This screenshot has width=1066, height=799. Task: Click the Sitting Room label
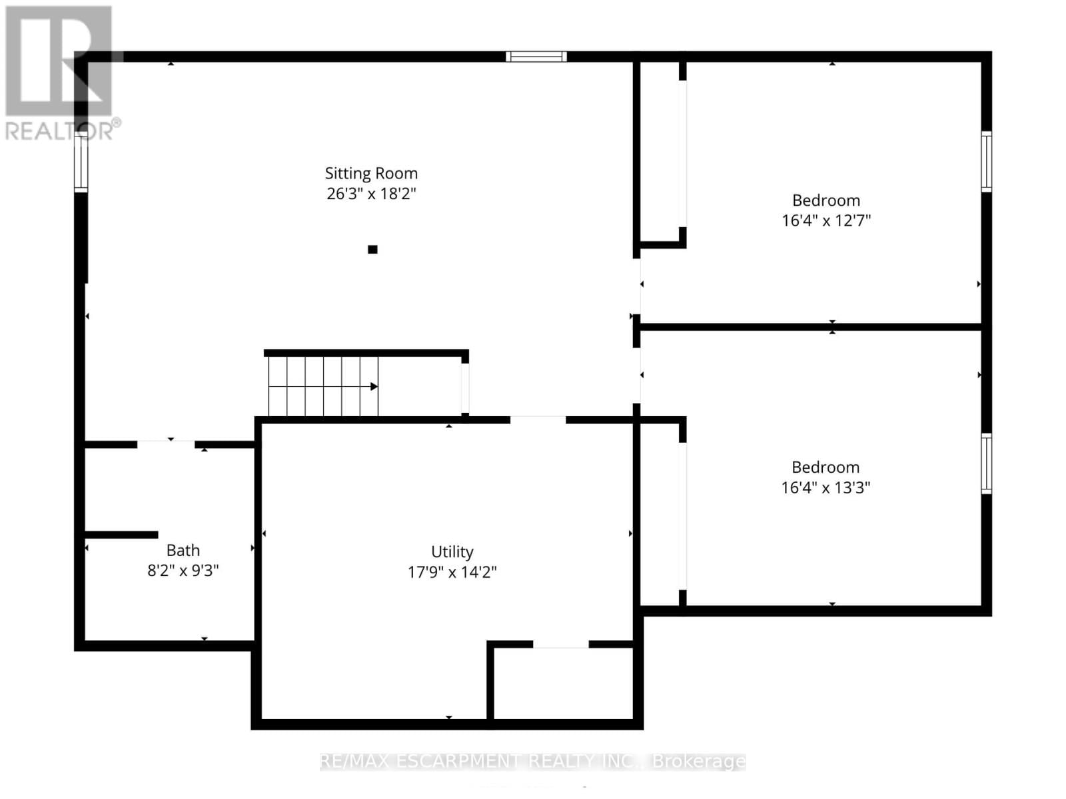371,173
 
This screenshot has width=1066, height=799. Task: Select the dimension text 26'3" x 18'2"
371,194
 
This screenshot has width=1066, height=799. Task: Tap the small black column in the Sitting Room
372,250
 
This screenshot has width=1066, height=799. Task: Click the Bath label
183,551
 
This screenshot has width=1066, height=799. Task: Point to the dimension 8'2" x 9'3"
183,571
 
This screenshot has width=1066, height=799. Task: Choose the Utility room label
452,552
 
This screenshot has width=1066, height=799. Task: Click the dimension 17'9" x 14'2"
452,572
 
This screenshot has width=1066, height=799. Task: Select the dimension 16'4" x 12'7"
826,220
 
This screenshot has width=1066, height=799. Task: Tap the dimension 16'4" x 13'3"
825,487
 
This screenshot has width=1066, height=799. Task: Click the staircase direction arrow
374,387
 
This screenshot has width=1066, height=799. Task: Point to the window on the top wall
536,57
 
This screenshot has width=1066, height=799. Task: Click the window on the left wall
81,163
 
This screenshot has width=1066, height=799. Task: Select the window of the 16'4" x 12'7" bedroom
987,162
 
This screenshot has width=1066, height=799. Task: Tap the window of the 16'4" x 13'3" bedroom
987,463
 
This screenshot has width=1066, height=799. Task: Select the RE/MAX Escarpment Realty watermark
532,761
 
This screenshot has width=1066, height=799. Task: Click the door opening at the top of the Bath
166,444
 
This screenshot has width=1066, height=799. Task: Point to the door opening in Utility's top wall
538,420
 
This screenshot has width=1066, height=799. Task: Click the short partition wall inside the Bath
121,535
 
